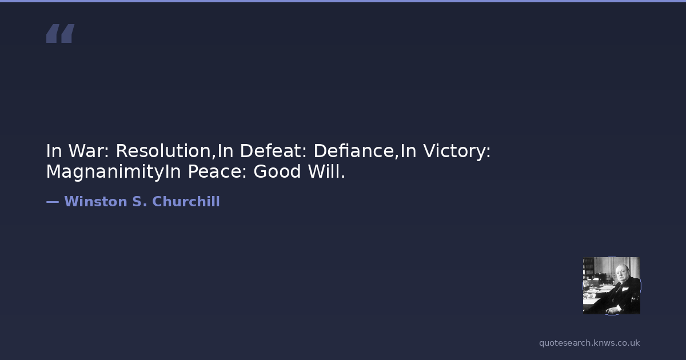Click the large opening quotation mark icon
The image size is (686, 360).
[61, 33]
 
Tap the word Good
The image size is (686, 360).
[277, 171]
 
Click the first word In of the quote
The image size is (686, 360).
[54, 151]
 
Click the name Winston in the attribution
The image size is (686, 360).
[95, 201]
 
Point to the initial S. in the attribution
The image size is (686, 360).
[139, 201]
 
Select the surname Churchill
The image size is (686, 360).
[186, 201]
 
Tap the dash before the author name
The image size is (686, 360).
[53, 202]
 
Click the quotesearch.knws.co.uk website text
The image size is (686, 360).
[589, 343]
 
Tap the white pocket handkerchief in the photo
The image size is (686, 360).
[625, 289]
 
